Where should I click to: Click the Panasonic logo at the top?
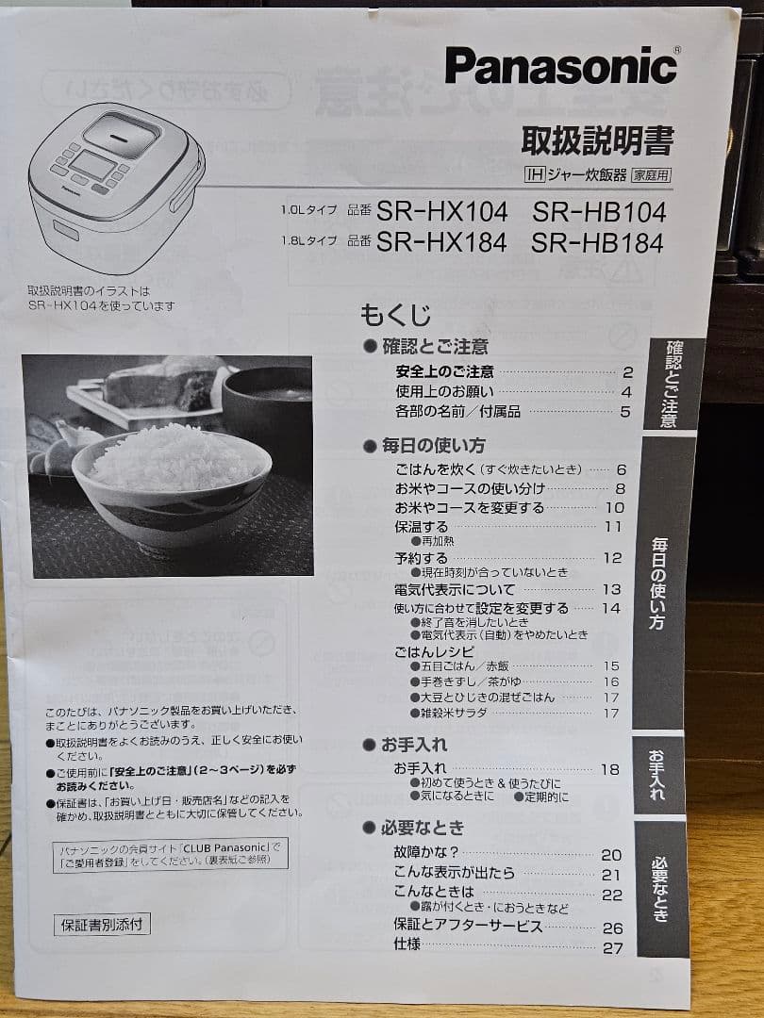tap(560, 67)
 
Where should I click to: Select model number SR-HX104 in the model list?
tap(441, 211)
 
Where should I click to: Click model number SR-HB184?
tap(597, 242)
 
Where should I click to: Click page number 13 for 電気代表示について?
tap(612, 589)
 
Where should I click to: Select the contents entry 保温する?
tap(421, 526)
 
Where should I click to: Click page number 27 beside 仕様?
tap(612, 947)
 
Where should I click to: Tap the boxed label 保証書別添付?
tap(102, 924)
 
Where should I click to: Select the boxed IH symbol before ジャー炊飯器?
tap(535, 174)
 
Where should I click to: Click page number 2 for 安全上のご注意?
tap(626, 372)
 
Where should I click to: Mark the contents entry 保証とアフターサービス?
tap(468, 926)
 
